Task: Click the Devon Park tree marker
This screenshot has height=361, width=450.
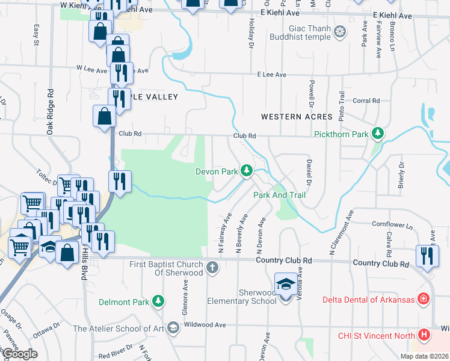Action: point(246,171)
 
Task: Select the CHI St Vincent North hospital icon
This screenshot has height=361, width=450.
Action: point(424,335)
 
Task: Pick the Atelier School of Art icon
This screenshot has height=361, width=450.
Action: point(173,328)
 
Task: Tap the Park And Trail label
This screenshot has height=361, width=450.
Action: point(280,195)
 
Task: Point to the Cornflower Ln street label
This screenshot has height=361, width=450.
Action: point(392,226)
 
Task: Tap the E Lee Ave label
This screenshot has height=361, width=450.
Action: point(271,75)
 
